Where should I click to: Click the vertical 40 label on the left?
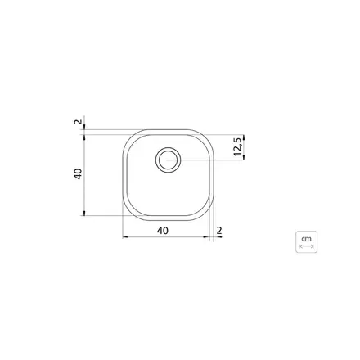pos(79,174)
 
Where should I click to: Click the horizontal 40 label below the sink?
pos(163,231)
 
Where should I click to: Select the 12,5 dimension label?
pos(237,146)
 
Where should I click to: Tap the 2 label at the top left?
pos(78,122)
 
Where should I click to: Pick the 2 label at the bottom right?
pos(219,231)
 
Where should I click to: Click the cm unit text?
pos(306,239)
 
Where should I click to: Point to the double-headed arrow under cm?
pos(307,247)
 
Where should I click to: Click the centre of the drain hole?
pos(168,160)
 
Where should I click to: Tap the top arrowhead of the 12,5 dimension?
pos(244,137)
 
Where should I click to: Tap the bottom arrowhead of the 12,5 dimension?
pos(244,157)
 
